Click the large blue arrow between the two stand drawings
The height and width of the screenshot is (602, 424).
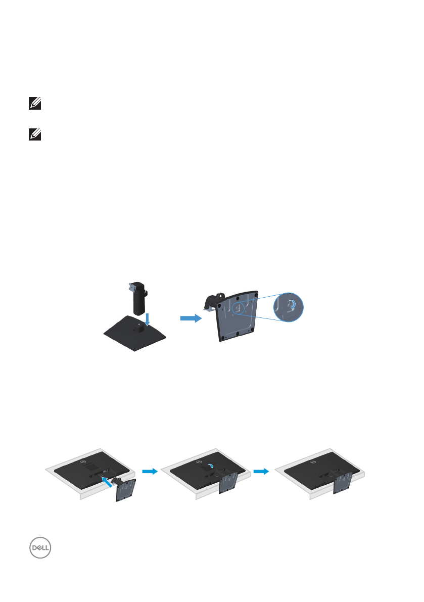point(190,318)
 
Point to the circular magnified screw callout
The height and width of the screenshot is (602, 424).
point(290,306)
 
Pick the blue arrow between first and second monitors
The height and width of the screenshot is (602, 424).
point(149,471)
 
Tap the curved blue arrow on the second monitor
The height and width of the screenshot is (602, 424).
point(212,466)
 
